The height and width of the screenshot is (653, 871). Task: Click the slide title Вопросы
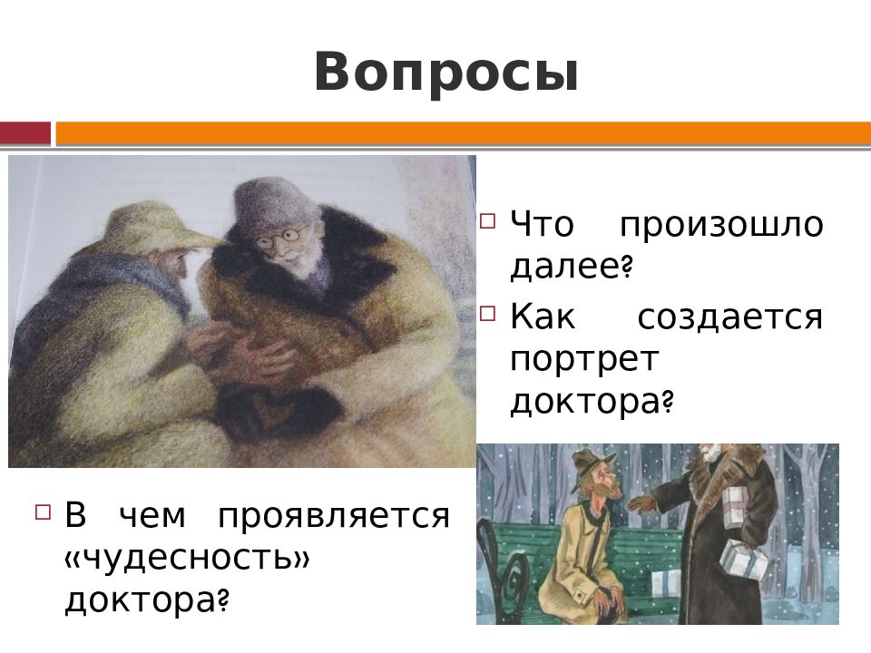pyautogui.click(x=445, y=73)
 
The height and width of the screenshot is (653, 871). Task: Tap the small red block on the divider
pyautogui.click(x=24, y=134)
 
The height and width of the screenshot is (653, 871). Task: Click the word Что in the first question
pyautogui.click(x=542, y=224)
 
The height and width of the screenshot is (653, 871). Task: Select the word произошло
pyautogui.click(x=722, y=224)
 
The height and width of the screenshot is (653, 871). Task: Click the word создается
pyautogui.click(x=729, y=317)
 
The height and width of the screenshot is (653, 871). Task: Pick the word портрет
pyautogui.click(x=583, y=358)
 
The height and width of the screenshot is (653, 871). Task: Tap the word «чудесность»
pyautogui.click(x=187, y=558)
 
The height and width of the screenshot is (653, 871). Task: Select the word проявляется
pyautogui.click(x=333, y=516)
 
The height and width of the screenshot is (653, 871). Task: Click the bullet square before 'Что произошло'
pyautogui.click(x=488, y=220)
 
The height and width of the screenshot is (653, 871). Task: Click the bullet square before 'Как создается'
pyautogui.click(x=488, y=313)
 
